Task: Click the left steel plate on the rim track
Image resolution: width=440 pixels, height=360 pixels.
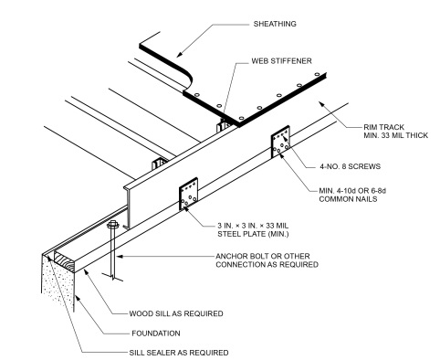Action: [x=190, y=193]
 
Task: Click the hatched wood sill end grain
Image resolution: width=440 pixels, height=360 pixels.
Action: [x=67, y=261]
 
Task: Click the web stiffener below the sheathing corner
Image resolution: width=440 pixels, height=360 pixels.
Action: [x=218, y=122]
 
